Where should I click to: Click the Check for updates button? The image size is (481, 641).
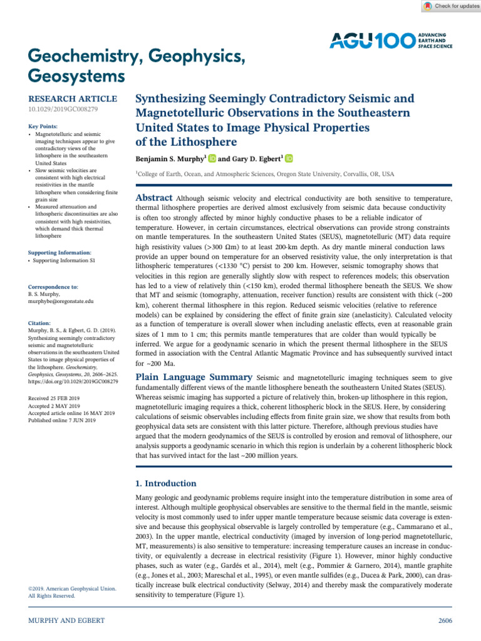tap(448, 6)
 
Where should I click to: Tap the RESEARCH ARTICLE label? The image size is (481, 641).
tap(73, 99)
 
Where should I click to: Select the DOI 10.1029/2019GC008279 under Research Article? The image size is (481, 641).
tap(63, 110)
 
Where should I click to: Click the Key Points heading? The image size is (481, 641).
tap(43, 126)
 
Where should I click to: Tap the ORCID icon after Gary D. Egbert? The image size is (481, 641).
tap(289, 159)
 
